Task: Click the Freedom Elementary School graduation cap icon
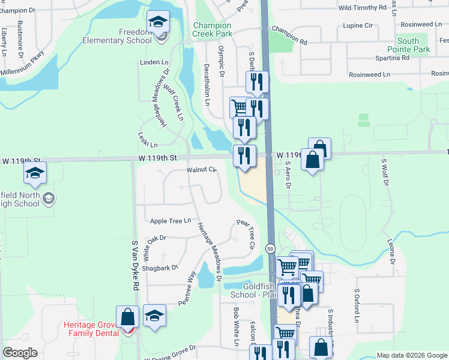click(x=158, y=23)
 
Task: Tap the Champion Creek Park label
click(x=212, y=30)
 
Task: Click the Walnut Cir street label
click(x=200, y=170)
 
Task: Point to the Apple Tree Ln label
click(x=170, y=221)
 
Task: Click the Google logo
click(x=20, y=353)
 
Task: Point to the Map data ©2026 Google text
click(x=411, y=355)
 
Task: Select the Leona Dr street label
click(x=394, y=252)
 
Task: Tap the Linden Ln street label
click(x=154, y=62)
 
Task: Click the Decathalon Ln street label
click(x=207, y=85)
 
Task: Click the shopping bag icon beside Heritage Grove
click(x=127, y=317)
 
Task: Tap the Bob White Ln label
click(x=237, y=326)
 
